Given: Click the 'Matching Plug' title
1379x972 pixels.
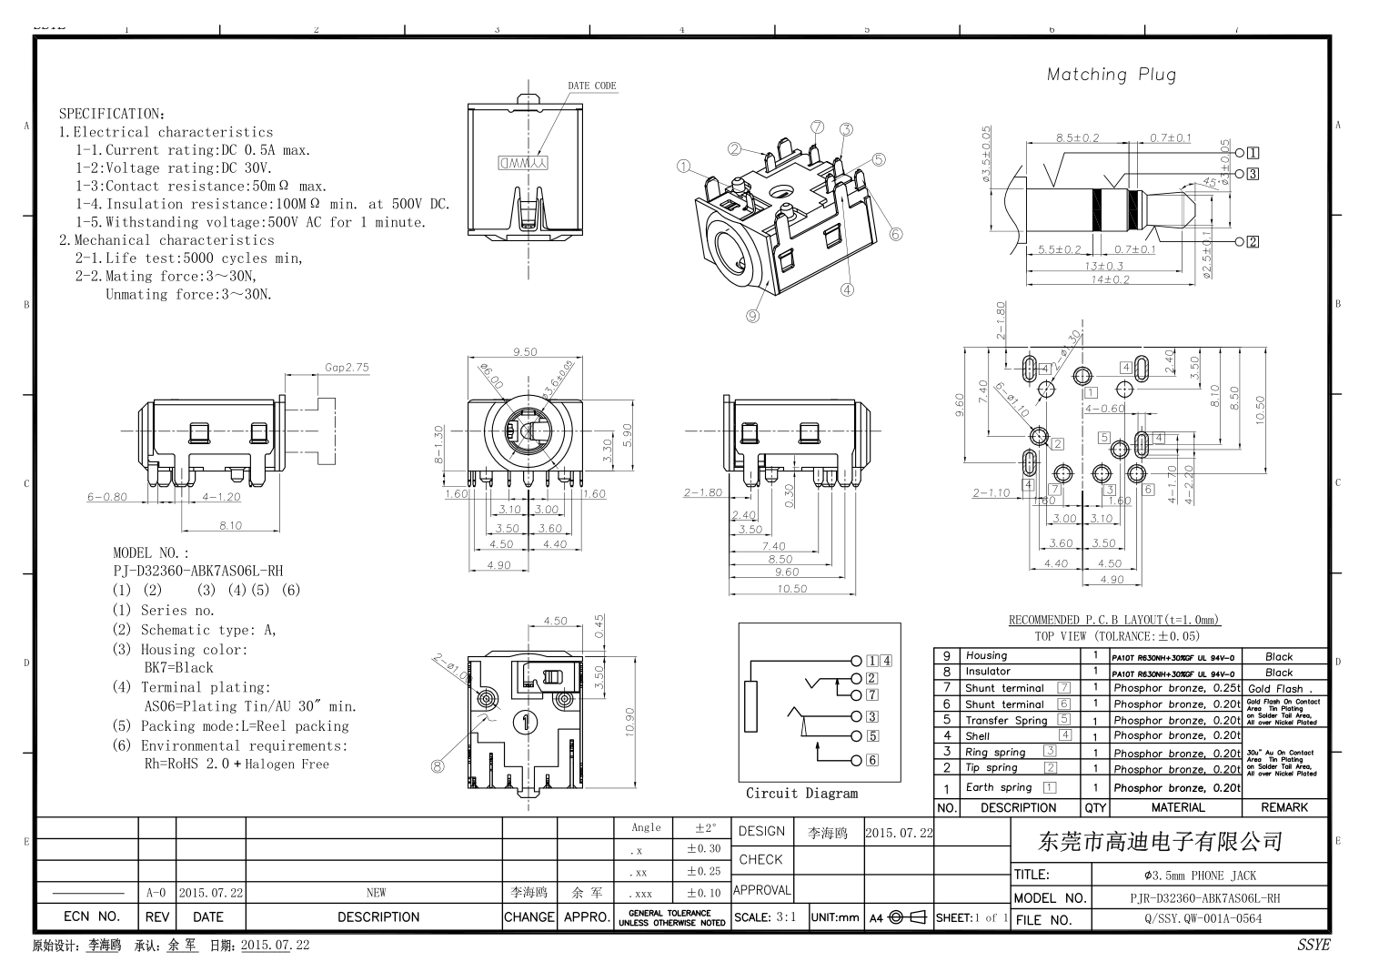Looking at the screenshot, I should point(1111,75).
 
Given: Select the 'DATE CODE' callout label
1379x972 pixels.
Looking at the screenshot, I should point(592,86).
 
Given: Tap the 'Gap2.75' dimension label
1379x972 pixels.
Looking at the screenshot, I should point(347,368).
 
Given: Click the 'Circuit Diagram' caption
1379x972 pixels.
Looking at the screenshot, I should point(801,793).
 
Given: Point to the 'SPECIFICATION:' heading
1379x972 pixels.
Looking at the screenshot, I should point(112,114).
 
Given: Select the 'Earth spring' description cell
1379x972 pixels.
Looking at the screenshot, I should point(998,787).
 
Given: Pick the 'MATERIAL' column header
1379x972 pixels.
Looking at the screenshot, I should point(1177,807).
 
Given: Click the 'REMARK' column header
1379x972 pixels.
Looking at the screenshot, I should point(1284,807).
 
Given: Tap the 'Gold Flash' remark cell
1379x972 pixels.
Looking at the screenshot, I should point(1275,689).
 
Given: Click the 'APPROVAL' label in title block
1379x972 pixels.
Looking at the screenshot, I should point(761,890).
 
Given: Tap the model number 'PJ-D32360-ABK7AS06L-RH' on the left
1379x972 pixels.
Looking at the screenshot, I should point(197,571).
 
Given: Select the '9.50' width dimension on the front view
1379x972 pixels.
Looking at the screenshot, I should point(525,351).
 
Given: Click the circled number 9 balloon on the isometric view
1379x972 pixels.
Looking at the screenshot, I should point(752,316).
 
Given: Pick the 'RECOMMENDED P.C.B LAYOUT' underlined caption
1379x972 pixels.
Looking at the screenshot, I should point(1114,620).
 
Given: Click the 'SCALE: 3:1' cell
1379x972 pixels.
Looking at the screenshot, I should point(766,917).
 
